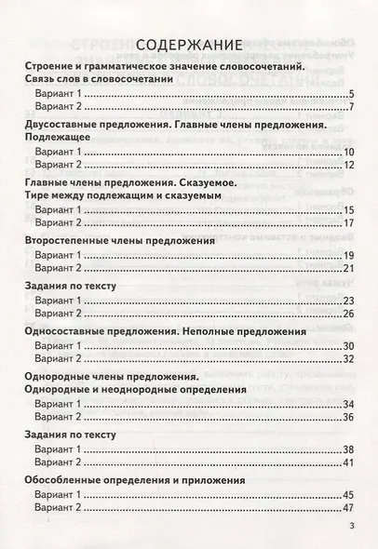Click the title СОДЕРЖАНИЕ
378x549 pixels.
[x=189, y=45]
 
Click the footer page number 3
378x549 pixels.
[x=352, y=527]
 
